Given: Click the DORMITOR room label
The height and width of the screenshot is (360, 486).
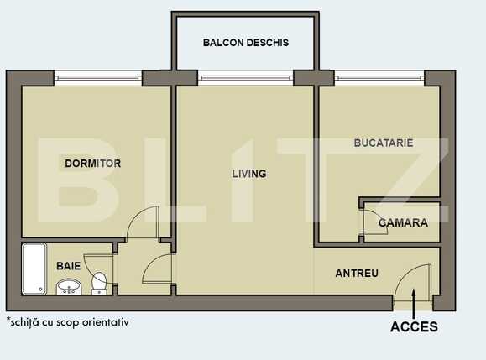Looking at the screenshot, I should coord(92,164).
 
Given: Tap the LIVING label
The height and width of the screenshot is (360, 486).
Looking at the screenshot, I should coord(249,175).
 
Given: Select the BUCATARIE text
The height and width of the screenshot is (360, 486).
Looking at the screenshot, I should coord(384,143).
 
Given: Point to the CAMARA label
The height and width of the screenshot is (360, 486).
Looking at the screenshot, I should coord(403,223).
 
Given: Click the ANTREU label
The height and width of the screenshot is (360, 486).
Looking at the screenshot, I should coord(357,274).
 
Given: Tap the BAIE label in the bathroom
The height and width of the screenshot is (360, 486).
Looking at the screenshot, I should coord(69,265).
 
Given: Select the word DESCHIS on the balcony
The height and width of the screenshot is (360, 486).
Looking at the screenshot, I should coord(268,43).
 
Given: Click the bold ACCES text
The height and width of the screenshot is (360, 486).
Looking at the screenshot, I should coord(414,327).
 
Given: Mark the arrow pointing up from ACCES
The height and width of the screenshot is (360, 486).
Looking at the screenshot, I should coord(415,299).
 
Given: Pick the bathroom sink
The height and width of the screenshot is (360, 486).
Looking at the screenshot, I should coord(68,288).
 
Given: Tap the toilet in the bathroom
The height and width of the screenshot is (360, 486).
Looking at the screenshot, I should coord(99,284).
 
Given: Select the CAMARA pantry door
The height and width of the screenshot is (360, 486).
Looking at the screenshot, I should coord(369,222).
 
